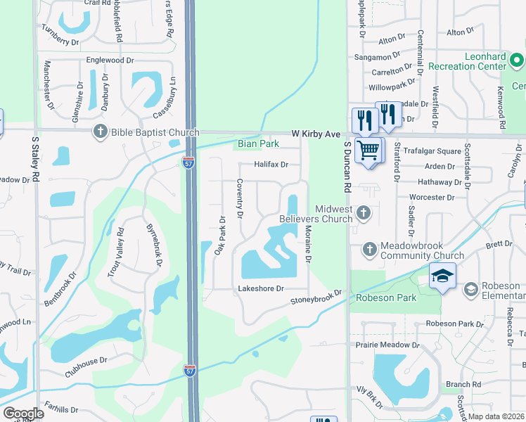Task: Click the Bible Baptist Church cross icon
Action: click(x=101, y=132)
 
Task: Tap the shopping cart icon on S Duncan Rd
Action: click(x=368, y=150)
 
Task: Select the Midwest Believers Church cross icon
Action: click(x=363, y=212)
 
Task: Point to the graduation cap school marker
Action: click(x=442, y=276)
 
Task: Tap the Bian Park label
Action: click(x=257, y=143)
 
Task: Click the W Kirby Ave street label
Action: click(x=316, y=134)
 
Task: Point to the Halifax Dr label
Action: click(x=271, y=165)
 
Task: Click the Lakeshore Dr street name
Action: click(x=260, y=288)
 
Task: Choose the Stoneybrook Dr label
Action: click(x=316, y=298)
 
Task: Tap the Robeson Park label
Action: click(x=386, y=298)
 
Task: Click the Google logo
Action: click(x=23, y=414)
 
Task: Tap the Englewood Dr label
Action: click(x=110, y=60)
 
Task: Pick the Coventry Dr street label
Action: click(x=240, y=198)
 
